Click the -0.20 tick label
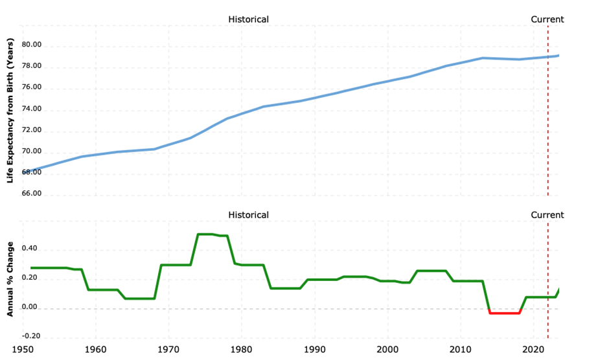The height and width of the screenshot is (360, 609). pyautogui.click(x=32, y=336)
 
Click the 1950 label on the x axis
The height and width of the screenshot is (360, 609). pyautogui.click(x=23, y=350)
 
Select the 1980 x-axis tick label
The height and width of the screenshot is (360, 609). pyautogui.click(x=242, y=350)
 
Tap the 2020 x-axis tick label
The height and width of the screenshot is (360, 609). pyautogui.click(x=533, y=350)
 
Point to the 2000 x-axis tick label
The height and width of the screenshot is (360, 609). pyautogui.click(x=387, y=350)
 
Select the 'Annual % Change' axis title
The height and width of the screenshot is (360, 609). pyautogui.click(x=10, y=279)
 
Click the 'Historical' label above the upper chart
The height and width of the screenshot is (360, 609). pyautogui.click(x=248, y=19)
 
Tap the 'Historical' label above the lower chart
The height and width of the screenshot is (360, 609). pyautogui.click(x=248, y=215)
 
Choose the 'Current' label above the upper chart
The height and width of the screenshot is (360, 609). pyautogui.click(x=547, y=19)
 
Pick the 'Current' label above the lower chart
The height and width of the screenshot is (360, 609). pyautogui.click(x=547, y=215)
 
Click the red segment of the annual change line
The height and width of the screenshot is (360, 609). pyautogui.click(x=505, y=313)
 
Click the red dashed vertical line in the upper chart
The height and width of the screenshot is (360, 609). pyautogui.click(x=548, y=117)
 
